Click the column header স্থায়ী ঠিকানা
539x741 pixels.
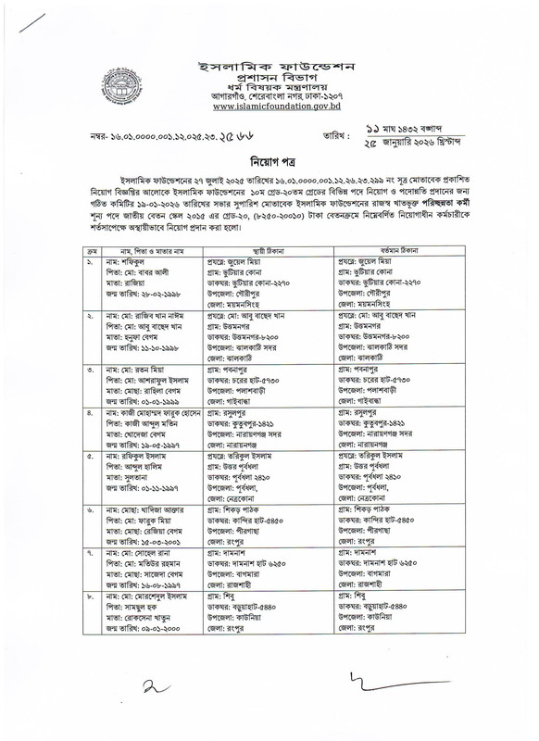[266, 250]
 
